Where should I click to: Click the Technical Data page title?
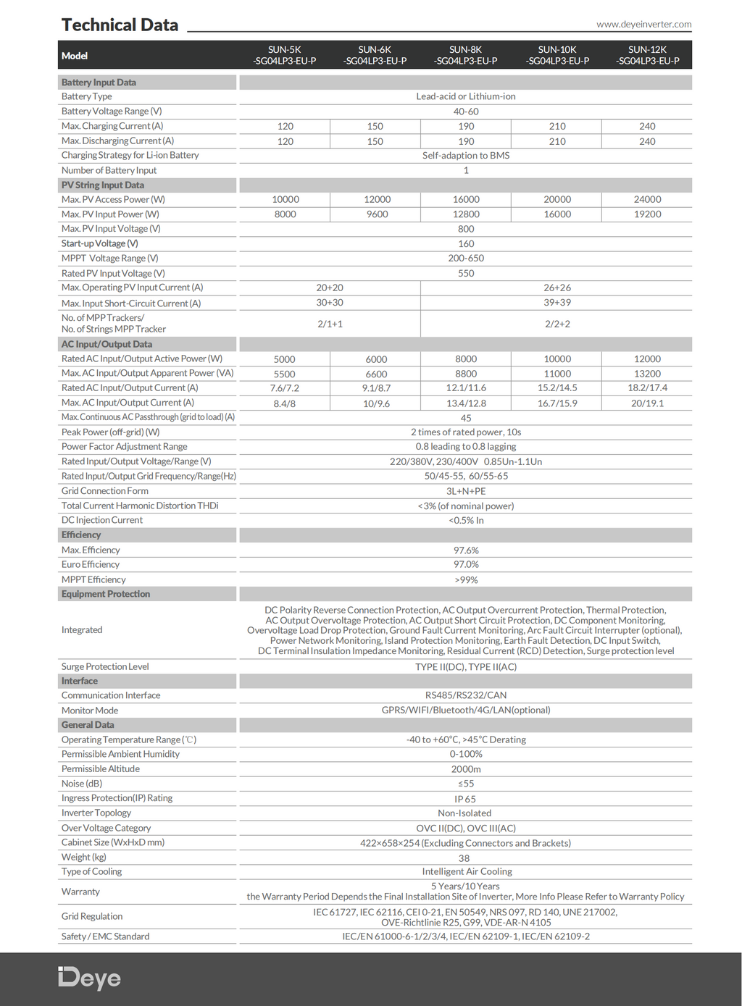tap(120, 25)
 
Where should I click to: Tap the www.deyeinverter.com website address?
tap(643, 24)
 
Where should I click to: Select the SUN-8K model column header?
tap(466, 55)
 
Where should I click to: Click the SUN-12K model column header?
tap(647, 55)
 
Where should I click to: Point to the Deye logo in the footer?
tap(90, 978)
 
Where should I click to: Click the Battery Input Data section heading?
tap(99, 83)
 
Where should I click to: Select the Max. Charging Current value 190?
tap(466, 126)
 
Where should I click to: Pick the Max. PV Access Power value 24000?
tap(647, 199)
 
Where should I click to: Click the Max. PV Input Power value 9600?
tap(377, 214)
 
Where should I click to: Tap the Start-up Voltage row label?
tap(100, 243)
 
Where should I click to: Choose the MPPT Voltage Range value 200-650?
tap(466, 259)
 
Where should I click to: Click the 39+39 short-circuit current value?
tap(557, 303)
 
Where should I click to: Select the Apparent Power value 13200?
tap(647, 374)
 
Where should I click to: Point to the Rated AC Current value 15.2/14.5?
tap(557, 388)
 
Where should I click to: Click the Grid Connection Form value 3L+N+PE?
tap(466, 491)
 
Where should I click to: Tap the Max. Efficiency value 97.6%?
tap(466, 550)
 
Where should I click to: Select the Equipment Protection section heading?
tap(106, 594)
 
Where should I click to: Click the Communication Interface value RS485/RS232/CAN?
tap(466, 695)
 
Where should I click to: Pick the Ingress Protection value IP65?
tap(465, 799)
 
